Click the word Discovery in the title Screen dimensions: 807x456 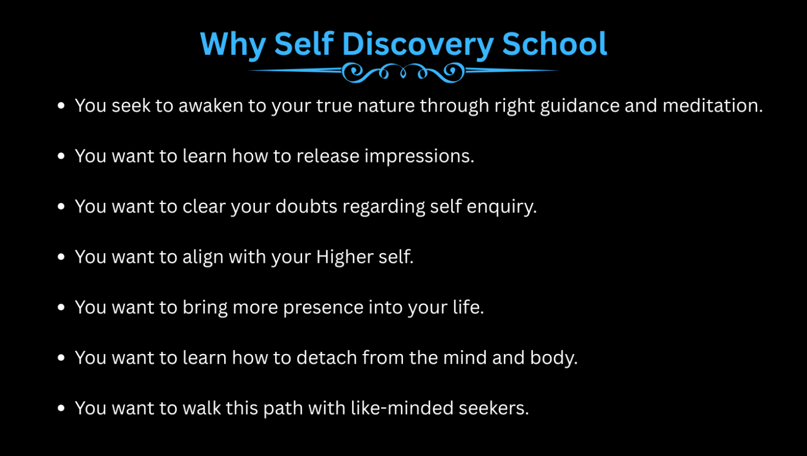point(418,45)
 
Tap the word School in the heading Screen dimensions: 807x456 point(554,44)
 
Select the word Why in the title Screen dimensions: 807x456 point(233,45)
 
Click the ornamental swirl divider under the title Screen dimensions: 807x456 point(403,72)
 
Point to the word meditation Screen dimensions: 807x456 point(713,105)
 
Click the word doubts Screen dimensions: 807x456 point(306,207)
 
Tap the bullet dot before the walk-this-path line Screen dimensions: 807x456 point(61,408)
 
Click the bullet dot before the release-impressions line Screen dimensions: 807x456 point(61,156)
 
